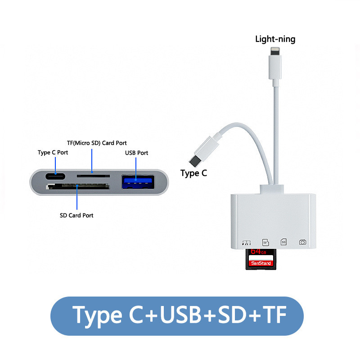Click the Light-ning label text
[x=275, y=39]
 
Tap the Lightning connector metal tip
[x=275, y=51]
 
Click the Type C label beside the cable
[x=193, y=173]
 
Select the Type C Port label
[x=53, y=153]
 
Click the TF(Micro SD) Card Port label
[x=97, y=143]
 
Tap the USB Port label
[x=136, y=153]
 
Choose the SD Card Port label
[x=76, y=216]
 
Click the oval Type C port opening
[x=55, y=176]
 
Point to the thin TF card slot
[x=93, y=176]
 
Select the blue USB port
[x=138, y=182]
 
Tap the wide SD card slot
[x=77, y=186]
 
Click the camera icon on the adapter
[x=302, y=242]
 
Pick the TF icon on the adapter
[x=265, y=243]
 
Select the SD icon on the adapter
[x=283, y=242]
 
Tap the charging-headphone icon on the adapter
[x=247, y=243]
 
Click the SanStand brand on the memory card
[x=261, y=263]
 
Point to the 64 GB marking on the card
[x=258, y=252]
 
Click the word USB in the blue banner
[x=180, y=315]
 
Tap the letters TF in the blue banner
[x=274, y=315]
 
